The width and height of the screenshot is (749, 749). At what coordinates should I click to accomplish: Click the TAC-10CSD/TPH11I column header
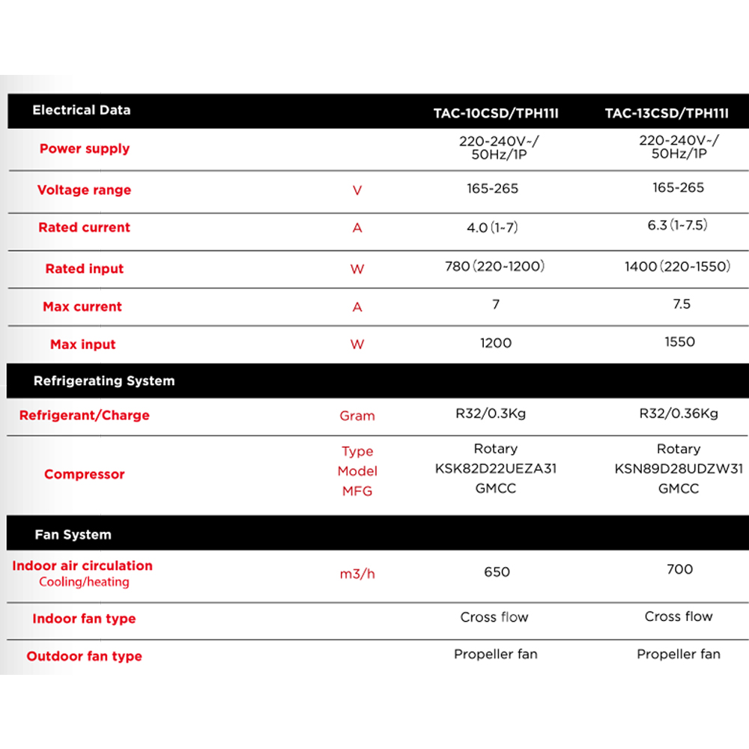coord(496,114)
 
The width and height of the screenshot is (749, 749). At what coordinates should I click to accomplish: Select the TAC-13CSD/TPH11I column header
coord(677,114)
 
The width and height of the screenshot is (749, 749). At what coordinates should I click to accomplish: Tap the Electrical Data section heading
coord(81,110)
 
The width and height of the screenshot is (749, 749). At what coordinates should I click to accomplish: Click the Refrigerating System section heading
coord(103,380)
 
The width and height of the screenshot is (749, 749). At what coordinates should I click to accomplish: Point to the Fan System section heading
coord(73,535)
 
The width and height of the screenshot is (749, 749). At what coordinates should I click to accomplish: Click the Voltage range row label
coord(84,190)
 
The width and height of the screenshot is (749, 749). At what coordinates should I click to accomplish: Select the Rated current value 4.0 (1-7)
coord(491,228)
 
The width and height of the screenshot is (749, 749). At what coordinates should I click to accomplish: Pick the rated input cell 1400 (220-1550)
coord(677,267)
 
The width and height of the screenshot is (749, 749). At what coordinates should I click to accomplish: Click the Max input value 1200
coord(496,343)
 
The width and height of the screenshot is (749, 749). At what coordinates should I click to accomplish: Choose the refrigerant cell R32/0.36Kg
coord(679,413)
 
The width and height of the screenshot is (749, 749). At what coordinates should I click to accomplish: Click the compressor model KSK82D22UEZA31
coord(496,469)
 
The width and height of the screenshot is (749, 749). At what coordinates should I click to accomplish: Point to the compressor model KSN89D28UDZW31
coord(679,469)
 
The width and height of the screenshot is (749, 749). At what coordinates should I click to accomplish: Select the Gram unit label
coord(357,416)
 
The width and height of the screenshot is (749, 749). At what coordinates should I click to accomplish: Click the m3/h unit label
coord(357,574)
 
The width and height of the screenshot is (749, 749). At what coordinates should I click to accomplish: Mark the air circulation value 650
coord(497,572)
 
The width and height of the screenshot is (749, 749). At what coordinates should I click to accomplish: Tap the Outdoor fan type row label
coord(84,657)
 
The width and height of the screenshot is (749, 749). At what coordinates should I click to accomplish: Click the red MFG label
coord(357,491)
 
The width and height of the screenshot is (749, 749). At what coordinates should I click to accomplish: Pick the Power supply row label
coord(84,148)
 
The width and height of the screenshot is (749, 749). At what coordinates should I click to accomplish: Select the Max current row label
coord(82,306)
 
